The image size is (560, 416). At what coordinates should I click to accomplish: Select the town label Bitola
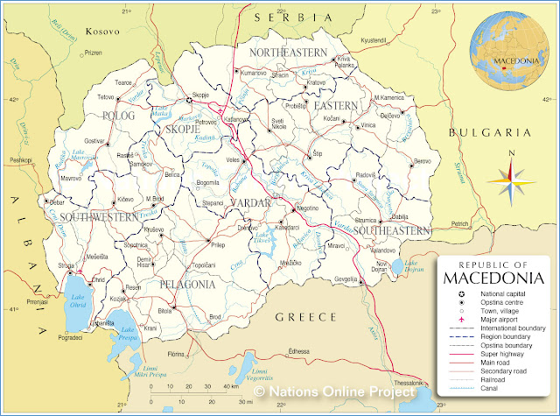(x=164, y=311)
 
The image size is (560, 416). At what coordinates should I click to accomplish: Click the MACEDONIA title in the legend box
(x=494, y=279)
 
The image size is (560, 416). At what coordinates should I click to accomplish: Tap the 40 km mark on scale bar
(x=227, y=385)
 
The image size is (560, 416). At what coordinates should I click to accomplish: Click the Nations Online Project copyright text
(x=342, y=393)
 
